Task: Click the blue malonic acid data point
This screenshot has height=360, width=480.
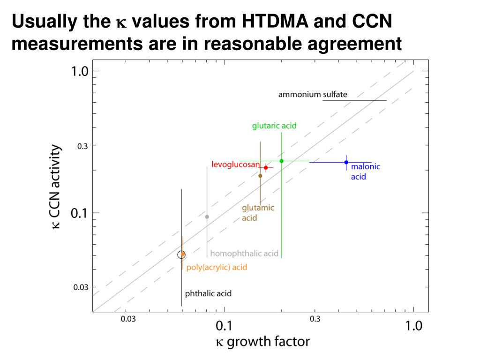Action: click(x=346, y=162)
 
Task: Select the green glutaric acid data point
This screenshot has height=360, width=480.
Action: click(x=281, y=161)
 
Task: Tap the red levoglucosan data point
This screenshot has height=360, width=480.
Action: click(x=266, y=167)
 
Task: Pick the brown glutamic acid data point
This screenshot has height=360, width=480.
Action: click(x=260, y=176)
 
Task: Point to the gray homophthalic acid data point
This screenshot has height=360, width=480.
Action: click(x=207, y=217)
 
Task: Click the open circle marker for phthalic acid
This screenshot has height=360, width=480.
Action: click(x=181, y=255)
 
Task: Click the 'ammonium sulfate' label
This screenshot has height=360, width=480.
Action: click(x=313, y=95)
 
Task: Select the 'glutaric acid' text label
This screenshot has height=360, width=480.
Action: click(x=274, y=126)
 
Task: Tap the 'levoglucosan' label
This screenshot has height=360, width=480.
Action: click(x=235, y=165)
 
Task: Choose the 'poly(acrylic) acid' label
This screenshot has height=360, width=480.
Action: click(x=217, y=268)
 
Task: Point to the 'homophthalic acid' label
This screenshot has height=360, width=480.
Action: click(x=244, y=254)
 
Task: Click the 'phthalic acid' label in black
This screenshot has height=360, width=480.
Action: click(x=208, y=294)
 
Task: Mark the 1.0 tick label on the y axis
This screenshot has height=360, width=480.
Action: click(x=80, y=72)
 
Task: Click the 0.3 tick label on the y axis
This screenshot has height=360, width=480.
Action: click(x=82, y=146)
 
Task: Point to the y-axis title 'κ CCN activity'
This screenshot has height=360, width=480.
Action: click(x=56, y=186)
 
